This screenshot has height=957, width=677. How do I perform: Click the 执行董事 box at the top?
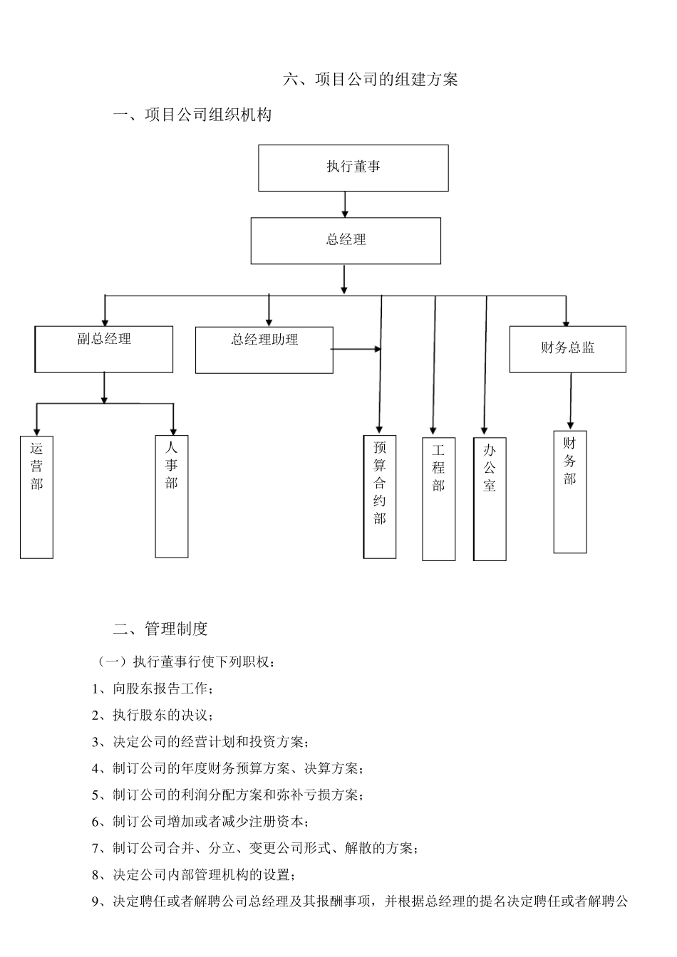[353, 168]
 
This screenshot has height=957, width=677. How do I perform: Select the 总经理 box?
[346, 241]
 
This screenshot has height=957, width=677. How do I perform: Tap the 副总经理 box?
[104, 349]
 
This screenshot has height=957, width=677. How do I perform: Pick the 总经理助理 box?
[264, 350]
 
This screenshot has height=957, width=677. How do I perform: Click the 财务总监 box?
[567, 349]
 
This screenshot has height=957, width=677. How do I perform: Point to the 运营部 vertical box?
[36, 497]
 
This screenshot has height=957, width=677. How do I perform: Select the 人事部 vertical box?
[172, 496]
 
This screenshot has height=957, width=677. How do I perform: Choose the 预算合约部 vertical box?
[380, 497]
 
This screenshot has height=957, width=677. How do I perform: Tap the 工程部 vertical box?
[438, 499]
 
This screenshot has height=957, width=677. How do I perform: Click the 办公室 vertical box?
[490, 499]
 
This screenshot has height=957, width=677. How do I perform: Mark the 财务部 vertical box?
[570, 492]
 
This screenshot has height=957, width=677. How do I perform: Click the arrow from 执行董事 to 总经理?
[345, 204]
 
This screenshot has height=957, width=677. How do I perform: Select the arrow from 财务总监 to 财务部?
[570, 401]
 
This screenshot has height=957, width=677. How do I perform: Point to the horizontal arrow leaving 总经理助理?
[356, 349]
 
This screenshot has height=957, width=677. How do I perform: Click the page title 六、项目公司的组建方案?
[371, 80]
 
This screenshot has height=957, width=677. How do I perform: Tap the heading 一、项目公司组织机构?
[192, 115]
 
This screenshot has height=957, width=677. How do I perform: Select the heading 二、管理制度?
[160, 629]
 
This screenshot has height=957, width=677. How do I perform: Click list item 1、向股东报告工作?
[152, 689]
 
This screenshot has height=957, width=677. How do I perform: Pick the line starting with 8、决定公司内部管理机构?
[193, 874]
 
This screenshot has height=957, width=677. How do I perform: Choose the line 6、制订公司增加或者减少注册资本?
[200, 821]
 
